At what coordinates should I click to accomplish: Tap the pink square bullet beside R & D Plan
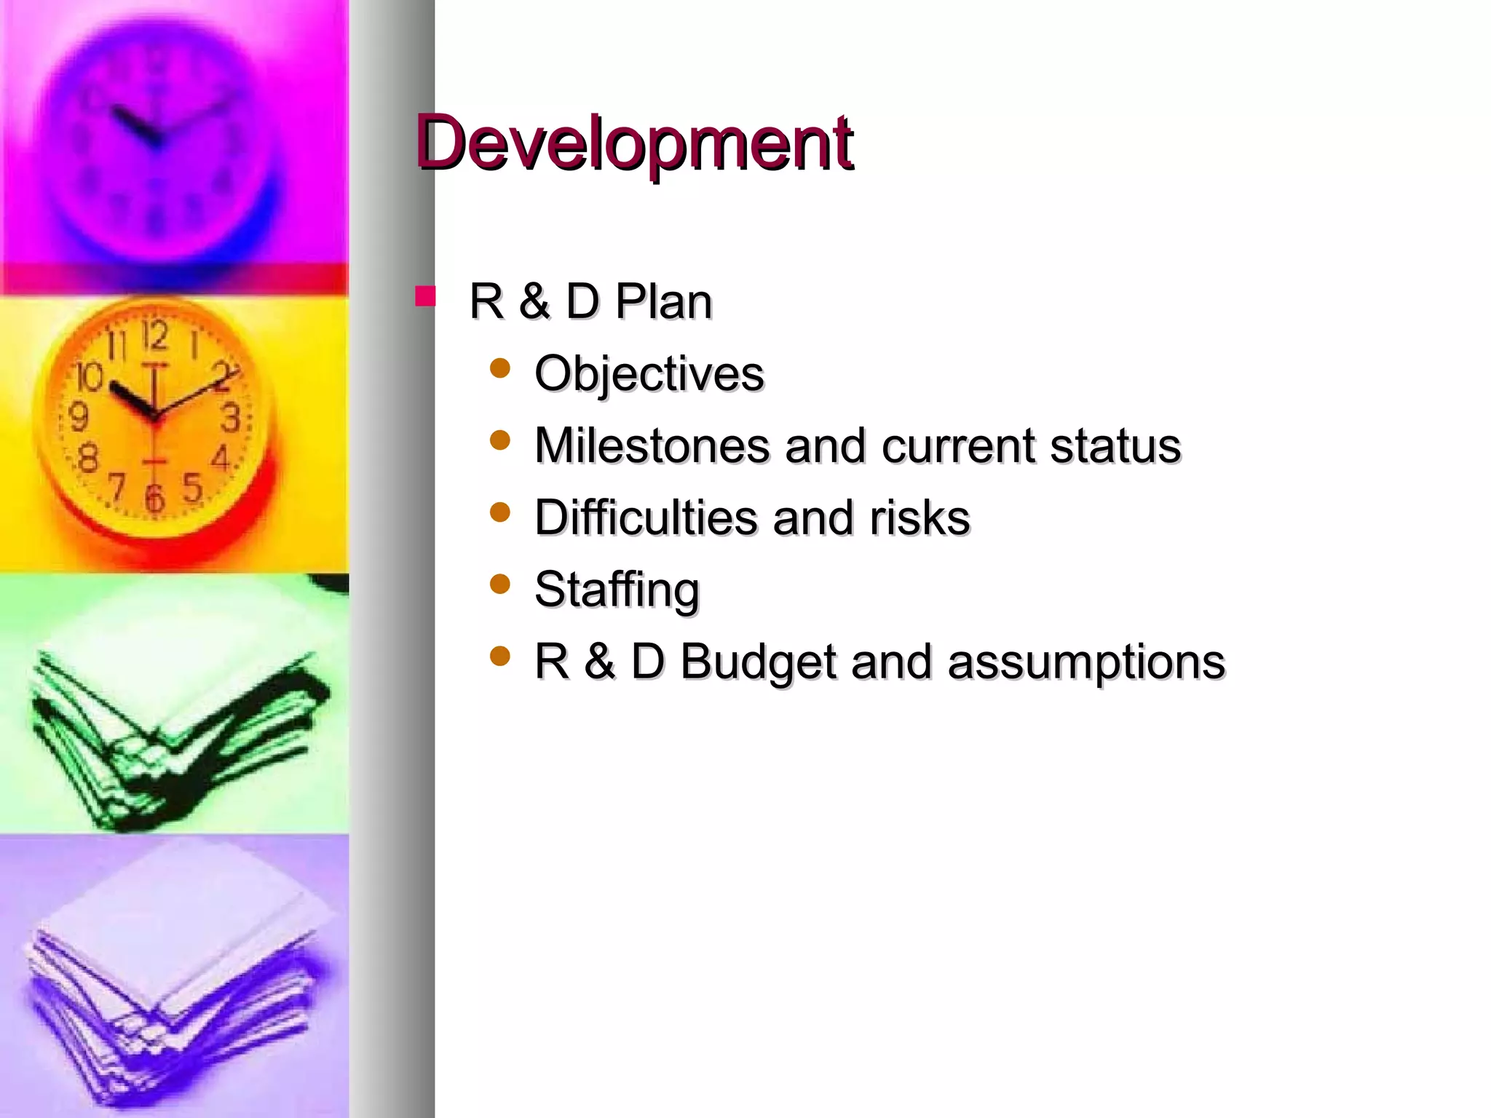pos(425,297)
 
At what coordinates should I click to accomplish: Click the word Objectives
pos(649,373)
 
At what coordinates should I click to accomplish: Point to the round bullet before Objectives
pos(500,368)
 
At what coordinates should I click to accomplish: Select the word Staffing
pos(617,590)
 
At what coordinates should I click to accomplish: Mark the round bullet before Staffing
pos(500,584)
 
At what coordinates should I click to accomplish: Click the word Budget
pos(758,662)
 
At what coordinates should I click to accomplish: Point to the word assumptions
pos(1086,662)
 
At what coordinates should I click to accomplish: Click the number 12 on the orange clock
pos(155,336)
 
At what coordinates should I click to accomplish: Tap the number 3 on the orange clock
pos(231,418)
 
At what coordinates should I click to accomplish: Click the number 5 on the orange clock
pos(192,487)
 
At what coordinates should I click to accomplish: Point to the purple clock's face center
pos(155,138)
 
